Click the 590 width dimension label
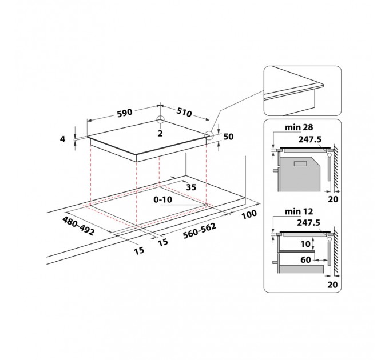pyautogui.click(x=125, y=113)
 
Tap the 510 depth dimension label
pyautogui.click(x=184, y=112)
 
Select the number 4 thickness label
pyautogui.click(x=62, y=139)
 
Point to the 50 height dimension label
pyautogui.click(x=228, y=137)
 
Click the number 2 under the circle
pyautogui.click(x=160, y=133)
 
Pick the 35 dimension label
pyautogui.click(x=191, y=187)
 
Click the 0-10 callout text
pyautogui.click(x=162, y=199)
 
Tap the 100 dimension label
pyautogui.click(x=249, y=214)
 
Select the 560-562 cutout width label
pyautogui.click(x=200, y=231)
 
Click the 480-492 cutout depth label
pyautogui.click(x=78, y=226)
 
